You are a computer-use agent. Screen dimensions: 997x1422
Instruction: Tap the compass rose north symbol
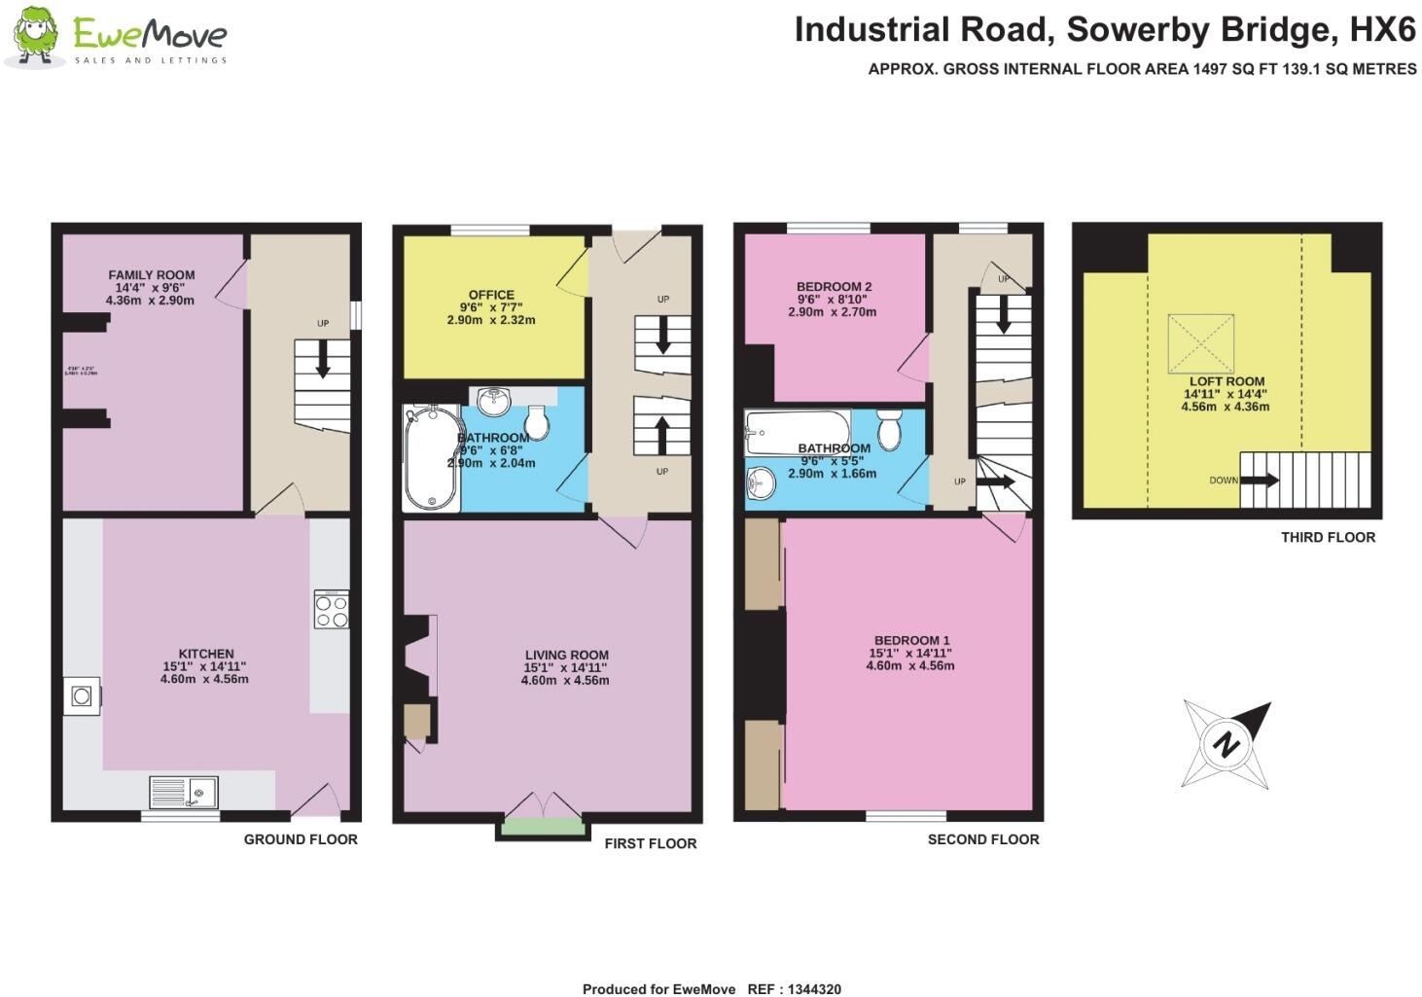click(1226, 745)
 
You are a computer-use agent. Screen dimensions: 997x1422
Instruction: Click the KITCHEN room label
click(205, 654)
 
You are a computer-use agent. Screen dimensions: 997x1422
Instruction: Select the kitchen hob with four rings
click(332, 610)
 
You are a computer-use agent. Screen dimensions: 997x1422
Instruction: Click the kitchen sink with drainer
click(184, 792)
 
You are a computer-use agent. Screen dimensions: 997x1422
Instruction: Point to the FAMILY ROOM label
click(151, 275)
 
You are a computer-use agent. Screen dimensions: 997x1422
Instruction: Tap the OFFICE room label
click(491, 295)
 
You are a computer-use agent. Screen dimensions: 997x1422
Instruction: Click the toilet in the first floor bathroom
click(535, 421)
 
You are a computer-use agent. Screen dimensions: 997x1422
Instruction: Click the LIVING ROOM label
click(566, 656)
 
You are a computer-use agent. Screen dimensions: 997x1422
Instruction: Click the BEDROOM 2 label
click(834, 287)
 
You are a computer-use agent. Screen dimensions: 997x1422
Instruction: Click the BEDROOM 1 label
click(911, 641)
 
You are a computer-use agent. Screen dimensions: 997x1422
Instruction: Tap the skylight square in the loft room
click(1200, 343)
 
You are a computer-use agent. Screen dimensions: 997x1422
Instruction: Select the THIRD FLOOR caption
click(1328, 537)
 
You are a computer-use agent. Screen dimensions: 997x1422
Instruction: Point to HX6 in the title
click(1382, 30)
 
